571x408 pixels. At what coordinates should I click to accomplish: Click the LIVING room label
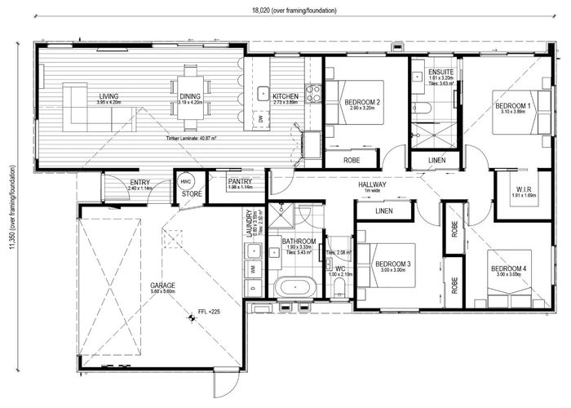tap(108, 96)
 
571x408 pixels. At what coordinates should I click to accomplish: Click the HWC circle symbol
tap(185, 183)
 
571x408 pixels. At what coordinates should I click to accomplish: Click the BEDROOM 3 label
tap(392, 264)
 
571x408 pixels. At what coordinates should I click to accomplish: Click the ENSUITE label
tap(440, 73)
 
